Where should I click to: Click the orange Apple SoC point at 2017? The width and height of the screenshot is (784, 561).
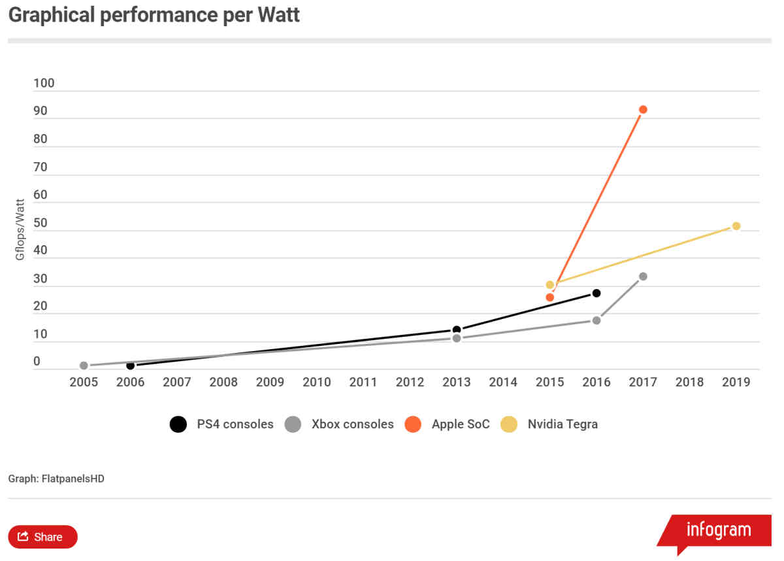tap(643, 109)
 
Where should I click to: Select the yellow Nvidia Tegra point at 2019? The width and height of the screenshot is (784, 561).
tap(736, 226)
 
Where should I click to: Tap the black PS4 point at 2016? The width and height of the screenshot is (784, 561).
tap(596, 293)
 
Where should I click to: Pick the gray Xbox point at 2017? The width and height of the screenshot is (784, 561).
tap(643, 277)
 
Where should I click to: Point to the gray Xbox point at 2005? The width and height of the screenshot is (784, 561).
tap(84, 365)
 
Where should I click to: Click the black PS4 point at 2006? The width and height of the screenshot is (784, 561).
tap(131, 365)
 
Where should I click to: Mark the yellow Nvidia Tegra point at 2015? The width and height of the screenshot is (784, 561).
tap(550, 285)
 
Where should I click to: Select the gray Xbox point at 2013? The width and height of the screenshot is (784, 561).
tap(457, 338)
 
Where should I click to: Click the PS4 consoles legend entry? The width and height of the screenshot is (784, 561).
tap(221, 424)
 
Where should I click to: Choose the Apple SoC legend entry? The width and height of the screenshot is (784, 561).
tap(448, 424)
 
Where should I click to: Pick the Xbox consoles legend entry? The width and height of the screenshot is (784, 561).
tap(340, 424)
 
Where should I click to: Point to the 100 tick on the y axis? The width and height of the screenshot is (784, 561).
tap(44, 83)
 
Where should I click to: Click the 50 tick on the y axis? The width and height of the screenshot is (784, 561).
tap(41, 222)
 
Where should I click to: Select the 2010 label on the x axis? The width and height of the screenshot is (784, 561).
tap(317, 382)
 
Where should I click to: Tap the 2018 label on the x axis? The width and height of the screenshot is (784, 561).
tap(689, 382)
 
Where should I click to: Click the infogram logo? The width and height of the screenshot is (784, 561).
tap(718, 530)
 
